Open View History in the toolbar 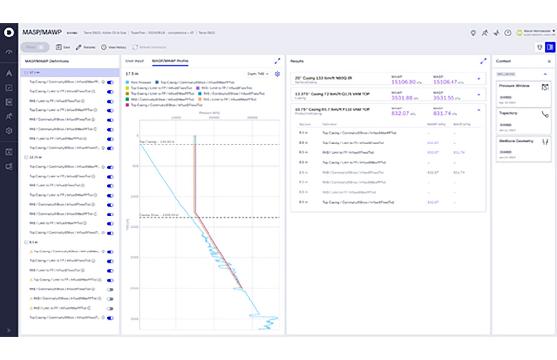coord(113,47)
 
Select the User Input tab coord(134,61)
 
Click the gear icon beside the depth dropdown coord(278,74)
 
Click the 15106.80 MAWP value coord(403,82)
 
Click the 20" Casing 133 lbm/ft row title coord(323,78)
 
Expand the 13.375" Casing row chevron coord(478,95)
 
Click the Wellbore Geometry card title coord(516,141)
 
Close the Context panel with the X coord(549,61)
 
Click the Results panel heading coord(297,61)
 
